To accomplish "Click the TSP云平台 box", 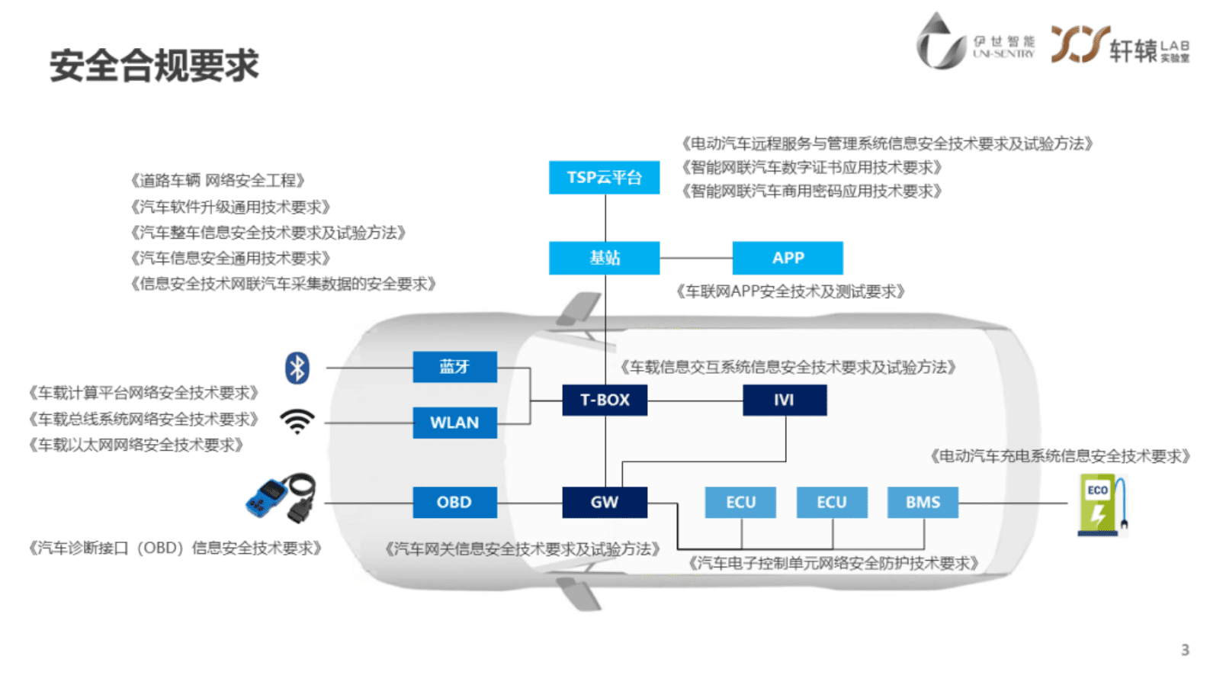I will tap(604, 178).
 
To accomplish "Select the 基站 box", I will tap(604, 258).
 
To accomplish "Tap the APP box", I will tap(788, 258).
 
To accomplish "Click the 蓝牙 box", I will tap(454, 367).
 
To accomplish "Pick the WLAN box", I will tap(454, 423).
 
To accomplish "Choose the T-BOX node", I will tap(605, 400).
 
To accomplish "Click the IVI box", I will tap(785, 400).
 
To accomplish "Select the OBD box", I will tap(454, 502).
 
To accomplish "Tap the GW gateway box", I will tap(605, 502).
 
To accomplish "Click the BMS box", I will tap(923, 502).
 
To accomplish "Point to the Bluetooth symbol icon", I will tap(297, 368).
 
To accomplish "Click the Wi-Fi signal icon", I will tap(297, 421).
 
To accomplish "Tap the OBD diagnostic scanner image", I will tap(281, 498).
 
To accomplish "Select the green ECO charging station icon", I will tap(1102, 505).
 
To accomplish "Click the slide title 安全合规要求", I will tap(154, 66).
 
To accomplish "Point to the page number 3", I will tap(1185, 650).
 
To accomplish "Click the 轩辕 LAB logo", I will tap(1119, 45).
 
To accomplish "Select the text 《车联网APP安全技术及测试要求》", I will tap(790, 291).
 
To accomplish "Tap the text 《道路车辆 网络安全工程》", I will tap(217, 181).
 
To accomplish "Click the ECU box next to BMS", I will tap(832, 502).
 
